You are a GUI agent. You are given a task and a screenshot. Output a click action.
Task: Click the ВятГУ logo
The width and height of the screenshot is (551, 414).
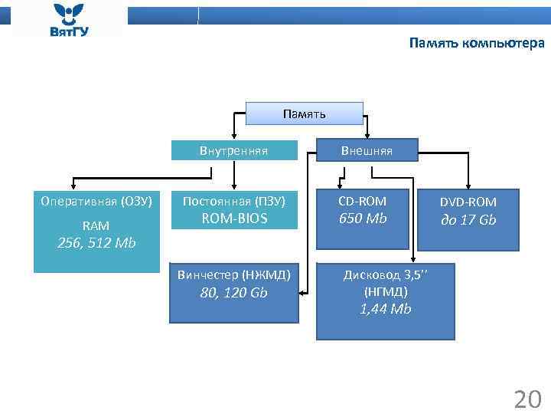click(x=69, y=20)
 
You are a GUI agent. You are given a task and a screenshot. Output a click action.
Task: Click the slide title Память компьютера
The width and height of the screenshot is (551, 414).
click(x=477, y=43)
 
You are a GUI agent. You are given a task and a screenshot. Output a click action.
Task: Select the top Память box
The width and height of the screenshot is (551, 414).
click(x=304, y=114)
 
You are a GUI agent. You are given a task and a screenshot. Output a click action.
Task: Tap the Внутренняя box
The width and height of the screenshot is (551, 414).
click(x=233, y=150)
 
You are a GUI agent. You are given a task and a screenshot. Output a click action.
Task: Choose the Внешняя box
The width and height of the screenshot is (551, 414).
click(x=367, y=150)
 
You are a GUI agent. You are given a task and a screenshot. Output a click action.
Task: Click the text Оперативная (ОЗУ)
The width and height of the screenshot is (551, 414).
click(x=96, y=202)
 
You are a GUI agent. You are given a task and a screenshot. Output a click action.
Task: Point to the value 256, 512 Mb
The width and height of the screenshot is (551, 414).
click(x=96, y=243)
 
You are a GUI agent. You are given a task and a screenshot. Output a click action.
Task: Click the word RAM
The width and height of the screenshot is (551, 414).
click(x=96, y=225)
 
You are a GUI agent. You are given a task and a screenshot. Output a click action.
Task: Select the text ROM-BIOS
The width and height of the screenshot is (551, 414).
click(x=234, y=219)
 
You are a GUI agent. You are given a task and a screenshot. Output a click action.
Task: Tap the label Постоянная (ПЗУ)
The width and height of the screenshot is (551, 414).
click(x=234, y=202)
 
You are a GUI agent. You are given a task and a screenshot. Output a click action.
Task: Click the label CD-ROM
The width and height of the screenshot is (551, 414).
click(x=363, y=201)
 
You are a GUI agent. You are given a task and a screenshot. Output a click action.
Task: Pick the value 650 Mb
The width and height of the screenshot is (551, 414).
click(x=363, y=219)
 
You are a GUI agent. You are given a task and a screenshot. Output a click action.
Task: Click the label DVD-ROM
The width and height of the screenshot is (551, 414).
click(x=468, y=202)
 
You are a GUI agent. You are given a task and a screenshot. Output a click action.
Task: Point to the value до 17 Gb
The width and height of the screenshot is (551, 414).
click(x=468, y=220)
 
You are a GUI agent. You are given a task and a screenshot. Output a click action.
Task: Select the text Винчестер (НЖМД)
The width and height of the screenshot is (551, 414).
click(x=233, y=274)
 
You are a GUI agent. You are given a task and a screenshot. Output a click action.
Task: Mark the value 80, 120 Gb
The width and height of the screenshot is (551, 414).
click(x=233, y=293)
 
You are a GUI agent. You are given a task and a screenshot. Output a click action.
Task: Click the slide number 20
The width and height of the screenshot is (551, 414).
click(x=527, y=399)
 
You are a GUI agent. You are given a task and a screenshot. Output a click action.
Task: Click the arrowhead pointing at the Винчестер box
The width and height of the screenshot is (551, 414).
click(x=303, y=292)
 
